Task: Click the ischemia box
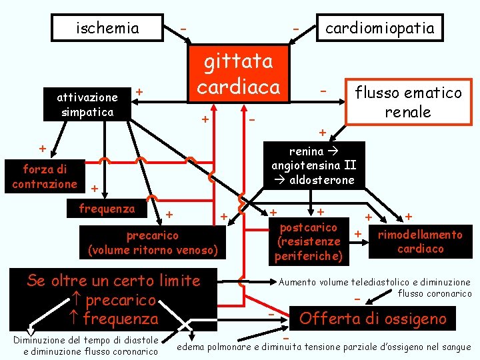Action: (107, 29)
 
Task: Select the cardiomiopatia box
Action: (379, 28)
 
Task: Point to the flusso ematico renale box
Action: (408, 102)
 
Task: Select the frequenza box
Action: (107, 209)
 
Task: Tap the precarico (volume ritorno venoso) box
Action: (153, 243)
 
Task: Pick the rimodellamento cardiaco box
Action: (420, 241)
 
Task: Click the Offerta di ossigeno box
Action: (373, 319)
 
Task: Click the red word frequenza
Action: (121, 319)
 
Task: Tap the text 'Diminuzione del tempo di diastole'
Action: (85, 340)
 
